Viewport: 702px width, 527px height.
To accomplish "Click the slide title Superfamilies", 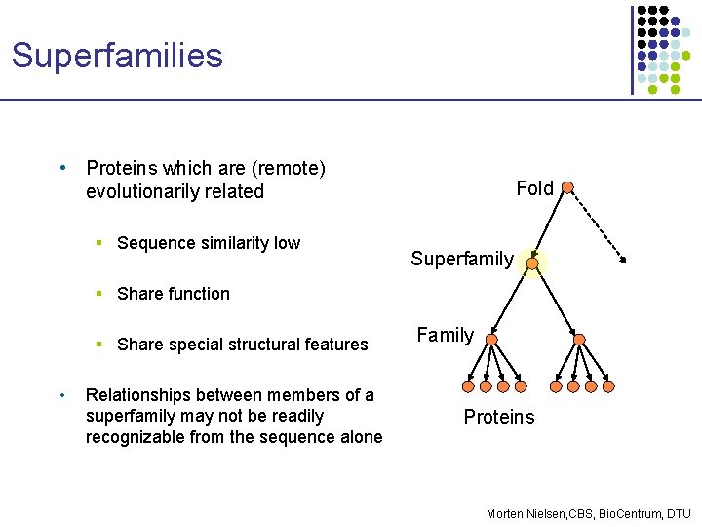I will [117, 55].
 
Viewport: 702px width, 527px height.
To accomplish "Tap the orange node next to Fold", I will [567, 187].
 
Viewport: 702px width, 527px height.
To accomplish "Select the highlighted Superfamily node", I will [532, 263].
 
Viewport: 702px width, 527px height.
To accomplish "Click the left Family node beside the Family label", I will [492, 340].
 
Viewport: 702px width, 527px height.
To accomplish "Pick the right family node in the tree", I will [579, 340].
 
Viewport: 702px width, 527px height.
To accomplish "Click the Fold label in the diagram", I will [534, 188].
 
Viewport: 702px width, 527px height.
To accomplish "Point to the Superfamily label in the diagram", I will [461, 259].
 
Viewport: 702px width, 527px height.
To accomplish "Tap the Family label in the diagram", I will [445, 336].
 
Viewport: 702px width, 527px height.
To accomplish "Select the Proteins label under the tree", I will [498, 417].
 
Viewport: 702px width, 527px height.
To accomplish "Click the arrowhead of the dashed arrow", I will [623, 259].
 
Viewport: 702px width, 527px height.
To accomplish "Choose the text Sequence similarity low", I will [208, 243].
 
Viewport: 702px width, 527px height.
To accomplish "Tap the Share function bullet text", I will [173, 294].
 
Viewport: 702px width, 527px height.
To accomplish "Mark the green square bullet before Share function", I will [100, 294].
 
